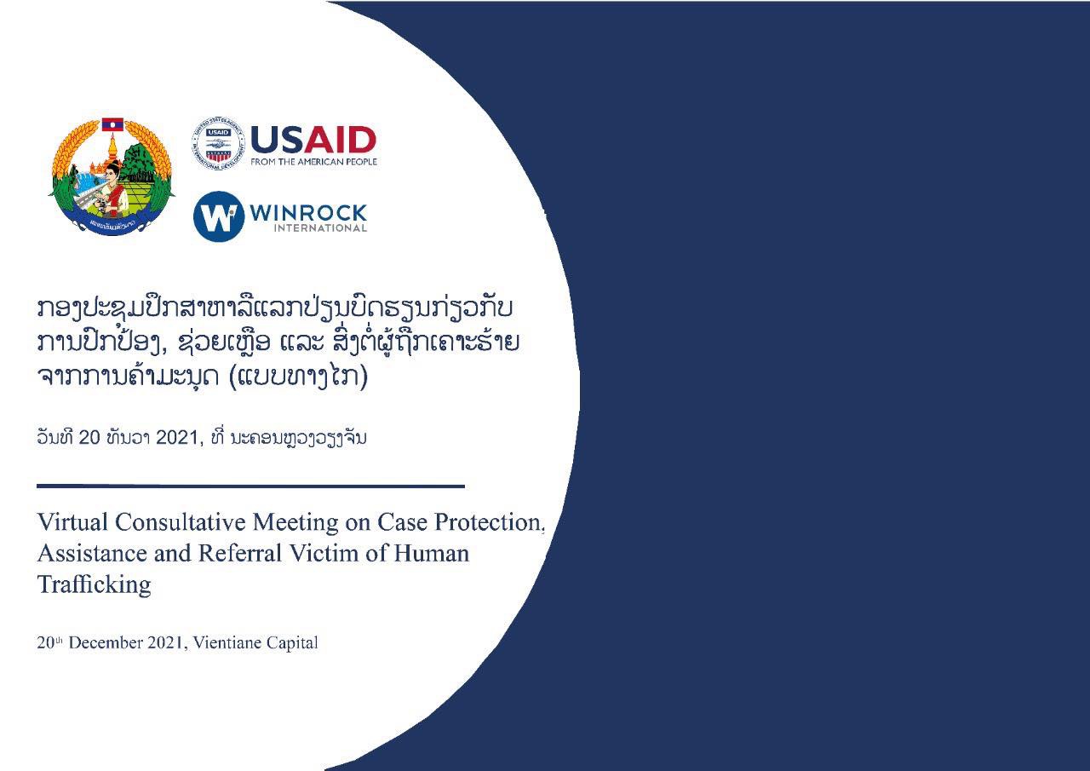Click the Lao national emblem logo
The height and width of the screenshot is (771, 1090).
click(112, 177)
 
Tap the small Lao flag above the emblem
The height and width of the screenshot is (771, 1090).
click(112, 124)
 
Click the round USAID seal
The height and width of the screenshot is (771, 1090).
click(218, 144)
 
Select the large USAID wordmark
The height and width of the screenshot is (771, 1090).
click(313, 141)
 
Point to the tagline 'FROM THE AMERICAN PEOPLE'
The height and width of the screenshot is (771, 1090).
click(314, 162)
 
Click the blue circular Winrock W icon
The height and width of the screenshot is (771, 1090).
click(219, 216)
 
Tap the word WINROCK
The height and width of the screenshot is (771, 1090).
click(308, 213)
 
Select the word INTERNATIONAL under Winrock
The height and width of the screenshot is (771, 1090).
click(320, 228)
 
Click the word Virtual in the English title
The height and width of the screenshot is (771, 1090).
click(72, 521)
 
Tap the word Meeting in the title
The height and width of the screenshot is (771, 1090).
click(295, 523)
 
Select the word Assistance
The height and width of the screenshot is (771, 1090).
click(92, 554)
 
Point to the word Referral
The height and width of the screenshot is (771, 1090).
click(240, 554)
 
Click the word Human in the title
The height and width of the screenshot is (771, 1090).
click(432, 554)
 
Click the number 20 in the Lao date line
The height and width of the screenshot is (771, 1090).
click(89, 438)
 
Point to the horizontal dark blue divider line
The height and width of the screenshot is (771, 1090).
click(250, 486)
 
